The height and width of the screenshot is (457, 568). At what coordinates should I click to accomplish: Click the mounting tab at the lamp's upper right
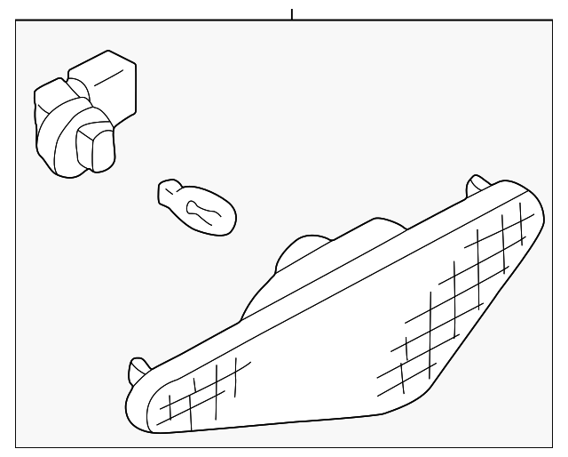(477, 184)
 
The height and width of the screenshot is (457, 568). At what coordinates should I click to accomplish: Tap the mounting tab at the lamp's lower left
(138, 368)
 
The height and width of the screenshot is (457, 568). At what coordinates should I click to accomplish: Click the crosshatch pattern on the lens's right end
(461, 285)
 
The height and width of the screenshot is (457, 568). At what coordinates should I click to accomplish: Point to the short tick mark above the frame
(291, 13)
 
